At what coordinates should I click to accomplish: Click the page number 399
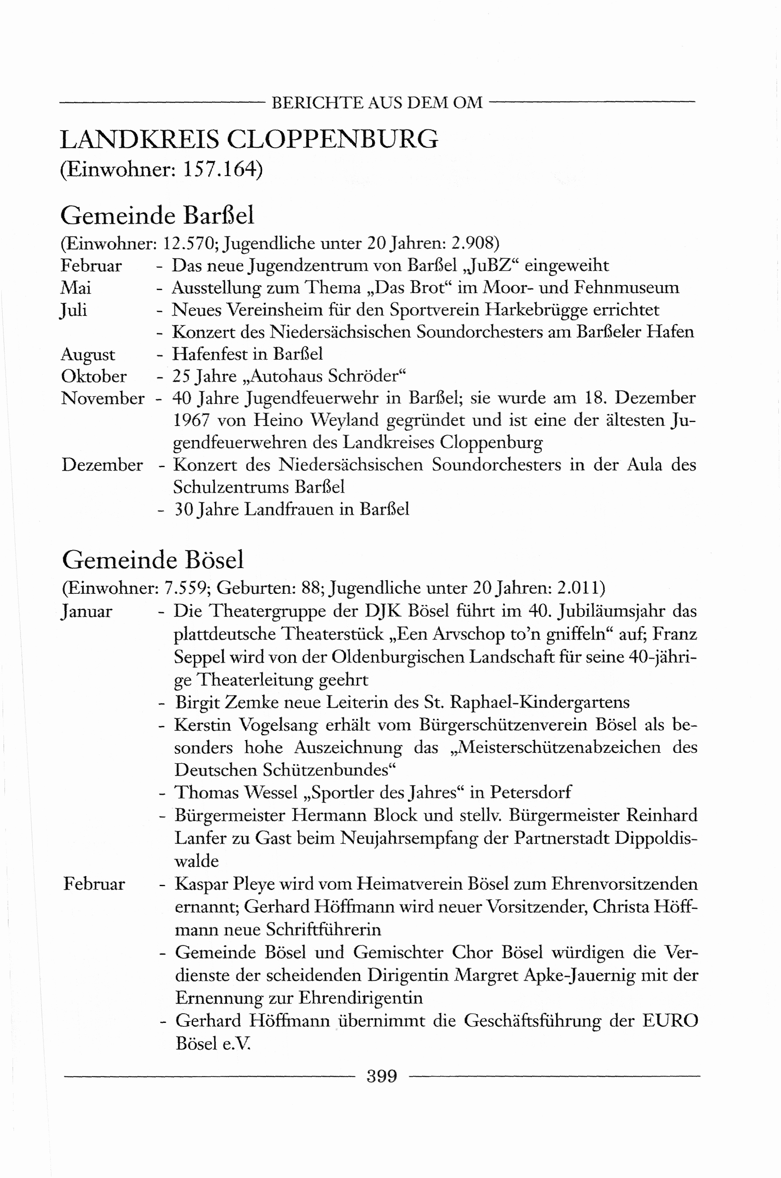381,1076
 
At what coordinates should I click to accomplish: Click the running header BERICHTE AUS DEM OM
377,102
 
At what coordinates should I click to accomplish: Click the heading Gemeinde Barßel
157,216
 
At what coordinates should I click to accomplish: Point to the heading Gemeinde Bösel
153,560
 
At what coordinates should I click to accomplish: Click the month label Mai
76,288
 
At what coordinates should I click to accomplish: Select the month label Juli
74,310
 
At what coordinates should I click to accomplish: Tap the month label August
88,355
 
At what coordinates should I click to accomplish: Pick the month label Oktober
94,376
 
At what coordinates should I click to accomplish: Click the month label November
102,398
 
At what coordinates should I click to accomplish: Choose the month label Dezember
102,465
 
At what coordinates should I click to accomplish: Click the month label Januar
87,611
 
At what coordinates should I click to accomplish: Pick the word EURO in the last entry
670,1021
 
